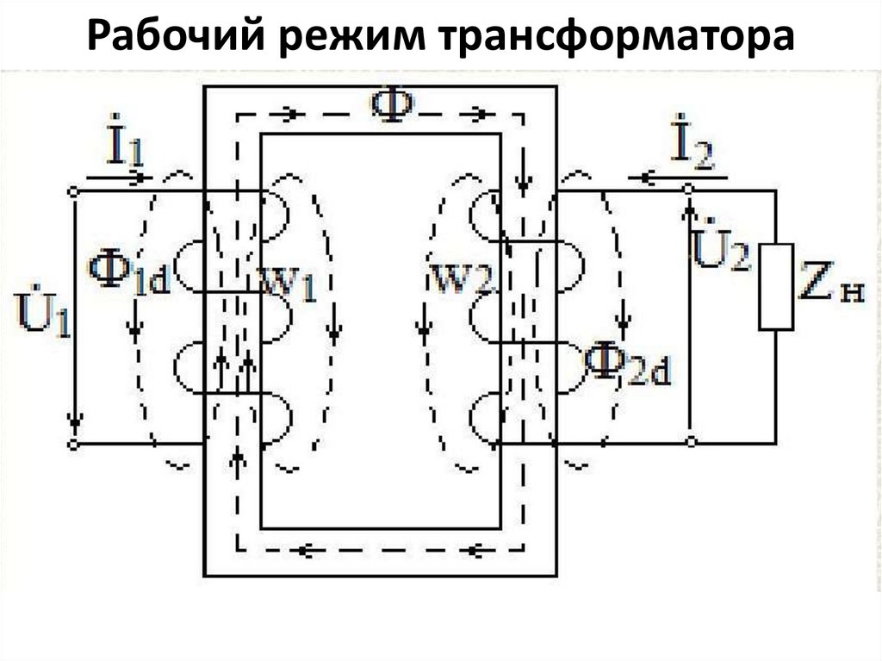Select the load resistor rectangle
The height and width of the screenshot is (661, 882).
pyautogui.click(x=776, y=287)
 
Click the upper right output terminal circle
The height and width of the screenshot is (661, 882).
pyautogui.click(x=689, y=188)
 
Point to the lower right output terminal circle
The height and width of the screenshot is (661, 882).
pyautogui.click(x=689, y=442)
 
